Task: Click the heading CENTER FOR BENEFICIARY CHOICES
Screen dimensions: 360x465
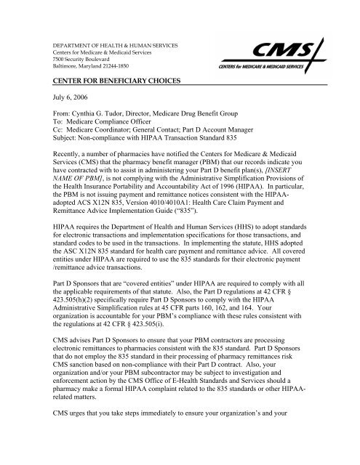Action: click(x=106, y=85)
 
